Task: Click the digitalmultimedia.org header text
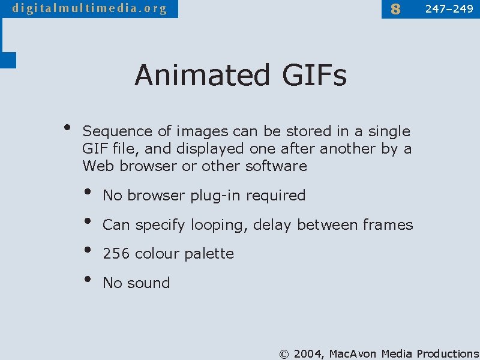pos(89,8)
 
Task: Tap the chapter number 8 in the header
pos(395,9)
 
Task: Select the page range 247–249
pos(449,8)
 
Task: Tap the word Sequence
pos(117,131)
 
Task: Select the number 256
pos(116,254)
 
